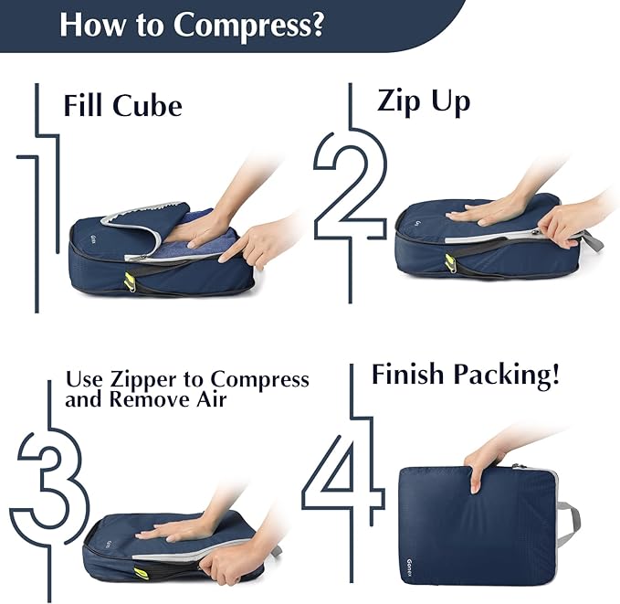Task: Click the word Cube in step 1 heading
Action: click(147, 105)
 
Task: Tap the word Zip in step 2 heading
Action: click(399, 101)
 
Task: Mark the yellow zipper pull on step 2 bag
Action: click(450, 263)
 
